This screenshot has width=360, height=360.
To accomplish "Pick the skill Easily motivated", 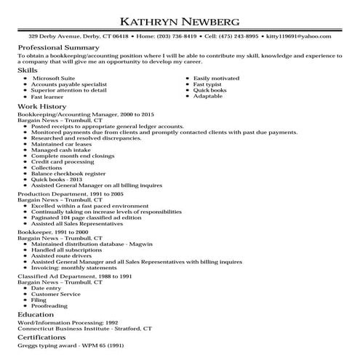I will coord(216,77).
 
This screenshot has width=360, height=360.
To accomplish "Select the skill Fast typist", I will coord(208,84).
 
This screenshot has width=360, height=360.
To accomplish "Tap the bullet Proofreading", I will coord(49,306).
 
